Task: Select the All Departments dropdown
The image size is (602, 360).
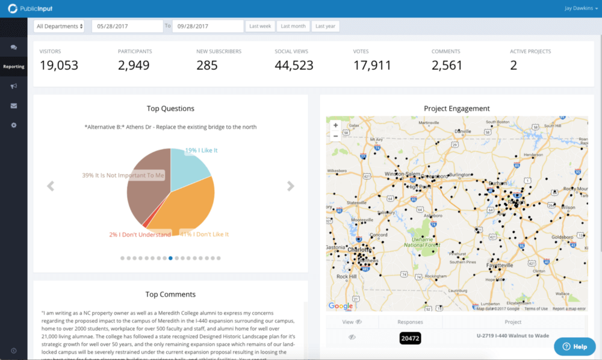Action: [x=59, y=26]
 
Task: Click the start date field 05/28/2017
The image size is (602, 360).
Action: [x=127, y=26]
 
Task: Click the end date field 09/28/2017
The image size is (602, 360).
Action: [x=208, y=26]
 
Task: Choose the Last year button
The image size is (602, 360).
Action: [x=326, y=26]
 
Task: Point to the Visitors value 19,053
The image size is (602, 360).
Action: [x=59, y=65]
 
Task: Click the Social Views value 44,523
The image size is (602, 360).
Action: [x=294, y=65]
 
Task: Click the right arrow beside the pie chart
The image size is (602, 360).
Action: [x=291, y=186]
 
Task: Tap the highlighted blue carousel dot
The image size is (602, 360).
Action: [x=170, y=258]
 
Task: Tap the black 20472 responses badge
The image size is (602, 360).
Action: [x=409, y=339]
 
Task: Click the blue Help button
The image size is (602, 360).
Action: [x=574, y=347]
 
